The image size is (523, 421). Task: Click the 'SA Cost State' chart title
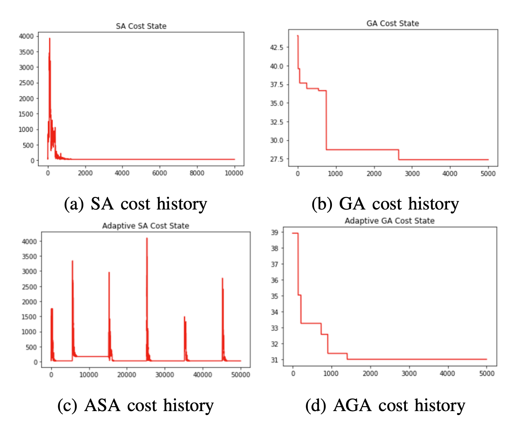coord(141,26)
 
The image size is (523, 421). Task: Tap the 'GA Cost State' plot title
coord(392,23)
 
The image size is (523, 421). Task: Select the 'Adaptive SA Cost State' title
coord(145,226)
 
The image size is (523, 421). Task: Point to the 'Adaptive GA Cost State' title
coord(389,221)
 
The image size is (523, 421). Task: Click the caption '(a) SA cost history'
coord(136,204)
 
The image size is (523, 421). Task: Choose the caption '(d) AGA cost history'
coord(385,405)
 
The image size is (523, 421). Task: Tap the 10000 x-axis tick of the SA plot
coord(234,173)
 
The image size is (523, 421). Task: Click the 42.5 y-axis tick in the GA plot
coord(277,48)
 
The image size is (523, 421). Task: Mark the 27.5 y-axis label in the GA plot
coord(277,159)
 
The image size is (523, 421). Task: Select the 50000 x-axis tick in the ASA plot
coord(240,374)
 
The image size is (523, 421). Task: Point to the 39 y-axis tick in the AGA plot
coord(274,232)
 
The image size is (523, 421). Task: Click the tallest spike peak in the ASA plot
coord(147,238)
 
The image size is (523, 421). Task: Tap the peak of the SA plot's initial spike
coord(50,38)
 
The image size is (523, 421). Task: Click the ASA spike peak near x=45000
coord(222,279)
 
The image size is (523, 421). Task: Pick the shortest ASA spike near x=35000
coord(184,317)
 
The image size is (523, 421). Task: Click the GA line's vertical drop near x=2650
coord(399,155)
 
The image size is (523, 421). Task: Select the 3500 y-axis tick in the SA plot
coord(26,52)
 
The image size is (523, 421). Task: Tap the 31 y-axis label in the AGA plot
coord(274,360)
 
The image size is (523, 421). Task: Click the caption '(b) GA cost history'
coord(385,204)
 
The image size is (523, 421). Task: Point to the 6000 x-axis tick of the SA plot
coord(159,173)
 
